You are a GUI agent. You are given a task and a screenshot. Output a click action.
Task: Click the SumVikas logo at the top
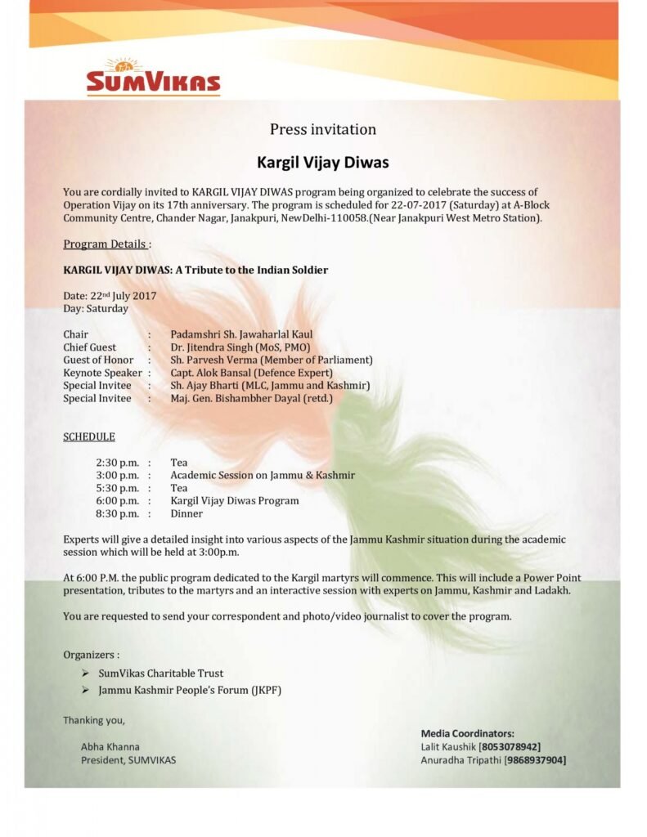click(153, 78)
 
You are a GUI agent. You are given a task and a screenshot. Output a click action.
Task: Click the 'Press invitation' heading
click(323, 129)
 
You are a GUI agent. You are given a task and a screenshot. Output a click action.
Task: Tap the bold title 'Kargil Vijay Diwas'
click(323, 162)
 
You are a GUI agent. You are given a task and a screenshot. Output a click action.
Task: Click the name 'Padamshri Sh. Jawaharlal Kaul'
click(241, 334)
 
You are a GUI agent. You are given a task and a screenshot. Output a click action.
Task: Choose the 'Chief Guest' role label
click(90, 347)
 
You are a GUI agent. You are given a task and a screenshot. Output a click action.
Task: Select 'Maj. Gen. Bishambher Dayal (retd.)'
click(251, 398)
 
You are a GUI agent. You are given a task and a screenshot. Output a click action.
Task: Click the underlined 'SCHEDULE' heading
click(89, 436)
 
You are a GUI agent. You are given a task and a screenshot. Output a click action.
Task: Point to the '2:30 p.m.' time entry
click(118, 463)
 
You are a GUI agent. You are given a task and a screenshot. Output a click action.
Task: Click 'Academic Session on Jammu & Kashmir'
click(263, 475)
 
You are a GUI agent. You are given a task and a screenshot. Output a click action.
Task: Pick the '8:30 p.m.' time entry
click(118, 513)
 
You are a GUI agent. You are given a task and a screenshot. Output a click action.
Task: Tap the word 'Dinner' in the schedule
click(186, 513)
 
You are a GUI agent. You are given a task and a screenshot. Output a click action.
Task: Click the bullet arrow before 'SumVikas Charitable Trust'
click(86, 674)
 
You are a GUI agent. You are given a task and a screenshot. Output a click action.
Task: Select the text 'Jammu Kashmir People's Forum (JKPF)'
click(191, 691)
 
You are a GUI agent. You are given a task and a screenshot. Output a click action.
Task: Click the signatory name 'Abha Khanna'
click(110, 746)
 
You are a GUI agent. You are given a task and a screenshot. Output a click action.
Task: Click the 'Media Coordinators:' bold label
click(467, 733)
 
